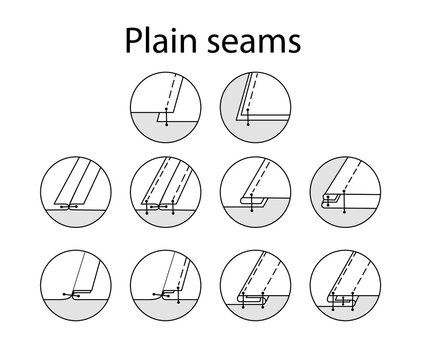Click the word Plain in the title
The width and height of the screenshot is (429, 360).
[x=158, y=43]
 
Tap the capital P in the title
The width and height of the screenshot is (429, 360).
[x=132, y=43]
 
